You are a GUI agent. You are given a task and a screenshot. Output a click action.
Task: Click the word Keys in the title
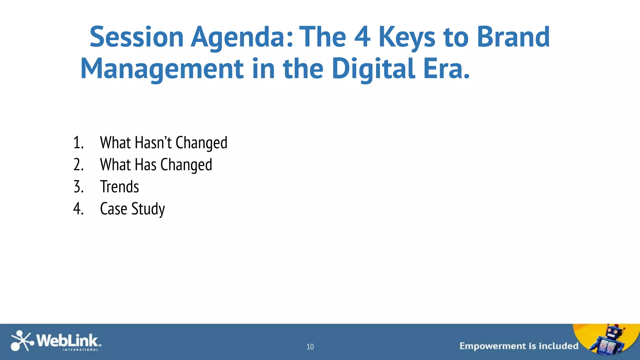[407, 37]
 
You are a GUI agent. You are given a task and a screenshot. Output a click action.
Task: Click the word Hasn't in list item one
[153, 142]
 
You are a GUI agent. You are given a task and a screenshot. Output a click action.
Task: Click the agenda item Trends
[119, 187]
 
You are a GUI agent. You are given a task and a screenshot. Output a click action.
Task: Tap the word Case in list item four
[113, 209]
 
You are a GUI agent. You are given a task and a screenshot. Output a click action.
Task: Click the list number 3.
[78, 187]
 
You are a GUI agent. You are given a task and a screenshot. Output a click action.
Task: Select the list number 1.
[78, 142]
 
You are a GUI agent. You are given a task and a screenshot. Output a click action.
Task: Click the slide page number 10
[310, 347]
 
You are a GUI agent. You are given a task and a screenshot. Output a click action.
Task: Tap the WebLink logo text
[67, 341]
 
